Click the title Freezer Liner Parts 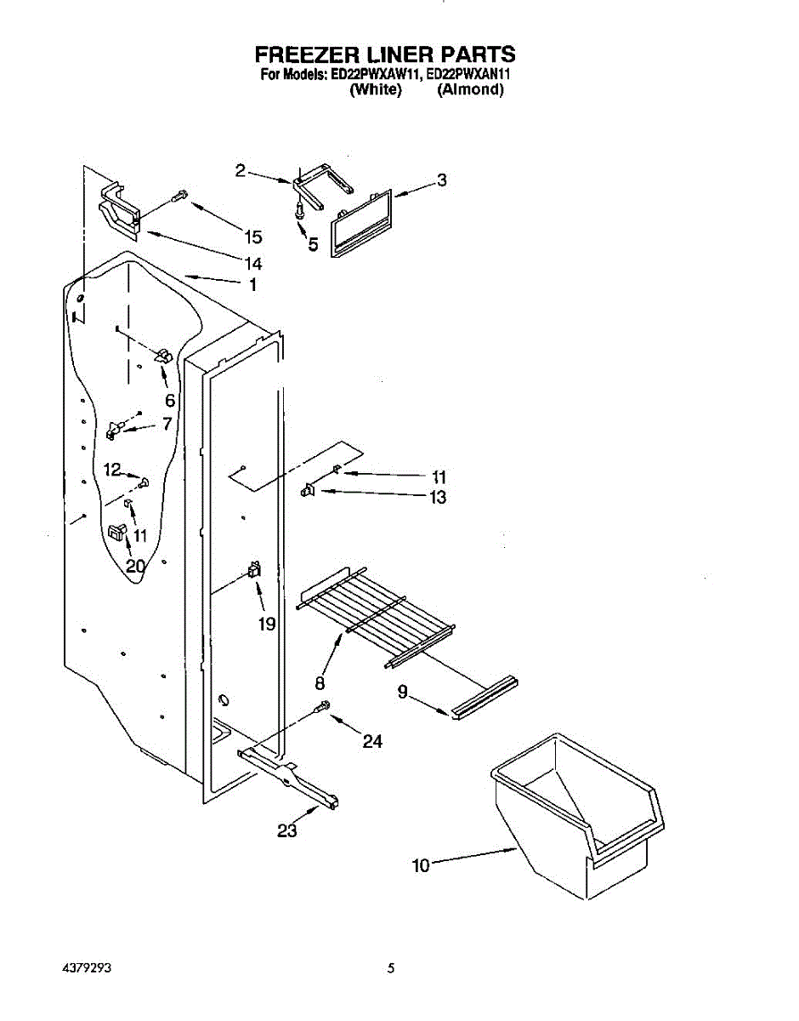385,55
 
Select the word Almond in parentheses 470,89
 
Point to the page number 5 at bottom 391,968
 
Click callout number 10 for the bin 420,866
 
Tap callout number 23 287,830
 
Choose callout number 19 267,625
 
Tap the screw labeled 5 299,209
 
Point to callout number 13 438,498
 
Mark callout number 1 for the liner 252,285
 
